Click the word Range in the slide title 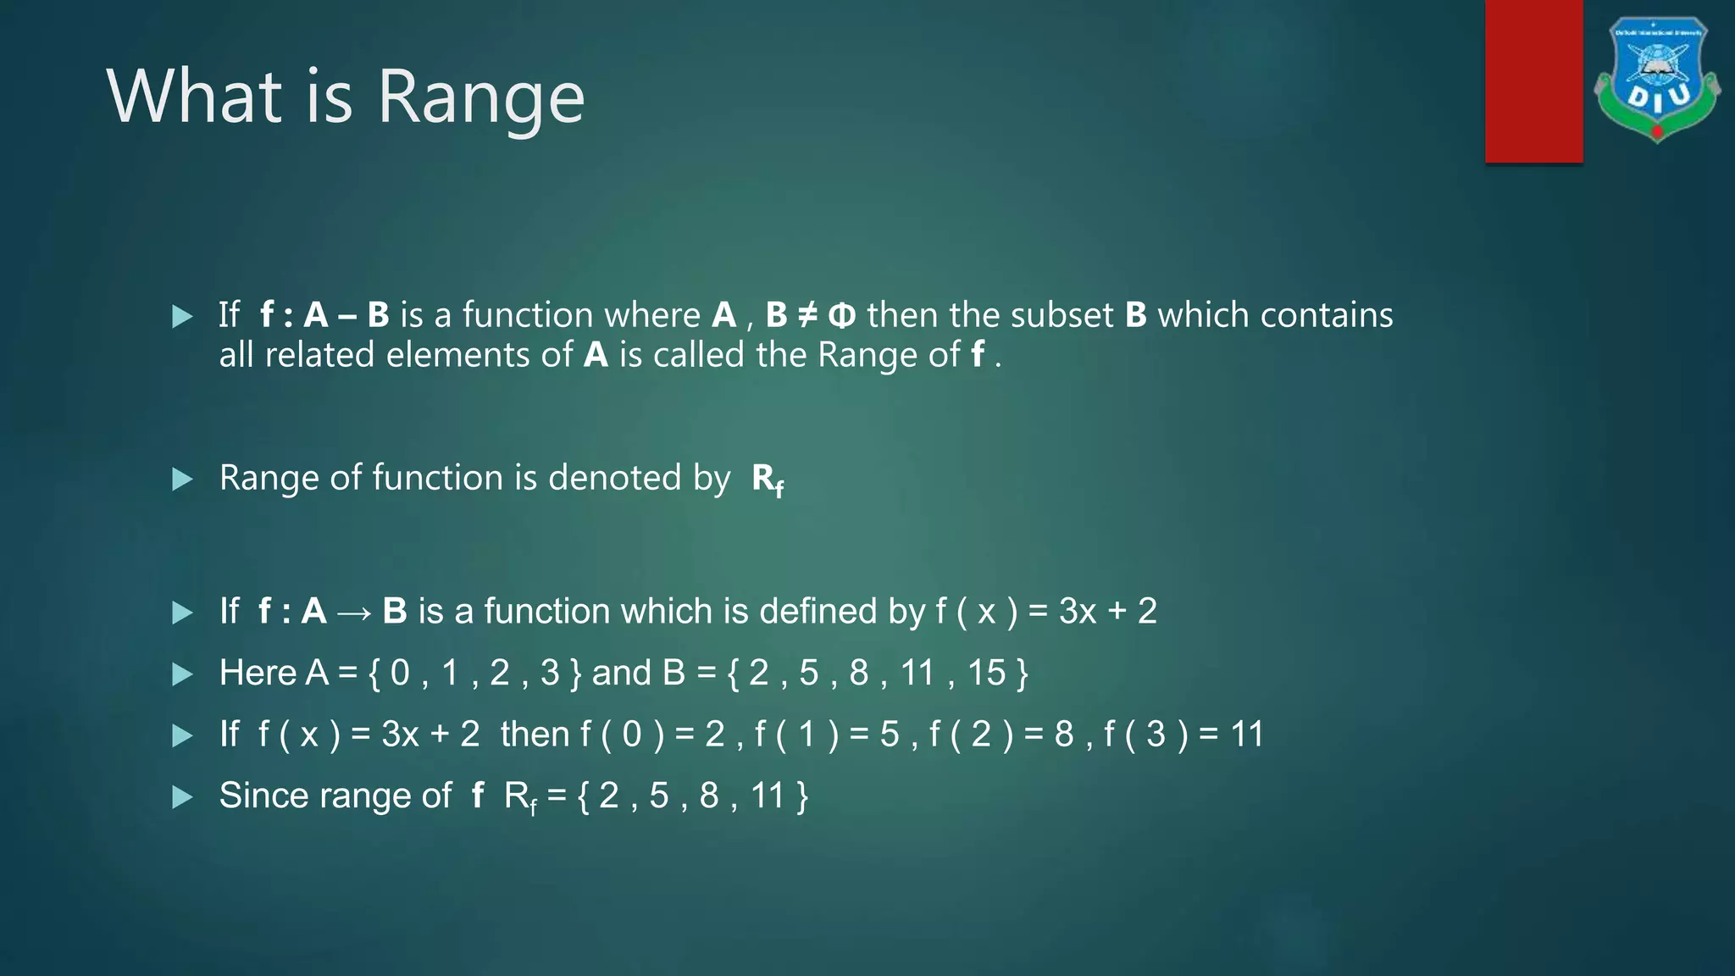(x=480, y=98)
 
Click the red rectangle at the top (x=1533, y=80)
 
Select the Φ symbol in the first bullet (x=841, y=316)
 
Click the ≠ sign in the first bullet (x=807, y=315)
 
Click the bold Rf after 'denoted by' (x=768, y=480)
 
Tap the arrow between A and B (x=354, y=613)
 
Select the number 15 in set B (x=986, y=673)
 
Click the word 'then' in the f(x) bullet (x=535, y=734)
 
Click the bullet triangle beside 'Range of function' (x=182, y=480)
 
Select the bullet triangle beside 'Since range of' (x=182, y=797)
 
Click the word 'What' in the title (x=194, y=97)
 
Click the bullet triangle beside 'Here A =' (x=182, y=674)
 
